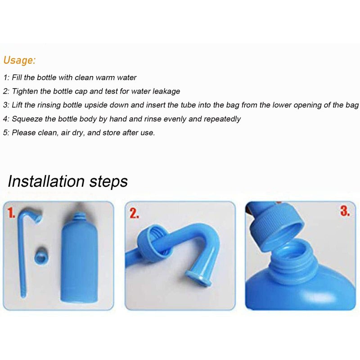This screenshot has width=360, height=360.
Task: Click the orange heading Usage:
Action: click(19, 60)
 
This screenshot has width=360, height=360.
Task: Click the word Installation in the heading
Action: click(46, 181)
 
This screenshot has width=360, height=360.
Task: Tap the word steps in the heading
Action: click(108, 182)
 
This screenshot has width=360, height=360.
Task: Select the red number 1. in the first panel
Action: click(11, 213)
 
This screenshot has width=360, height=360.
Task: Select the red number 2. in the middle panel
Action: click(134, 213)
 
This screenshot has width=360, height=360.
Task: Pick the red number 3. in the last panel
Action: click(345, 211)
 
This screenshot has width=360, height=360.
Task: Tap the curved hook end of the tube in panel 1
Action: click(36, 215)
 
